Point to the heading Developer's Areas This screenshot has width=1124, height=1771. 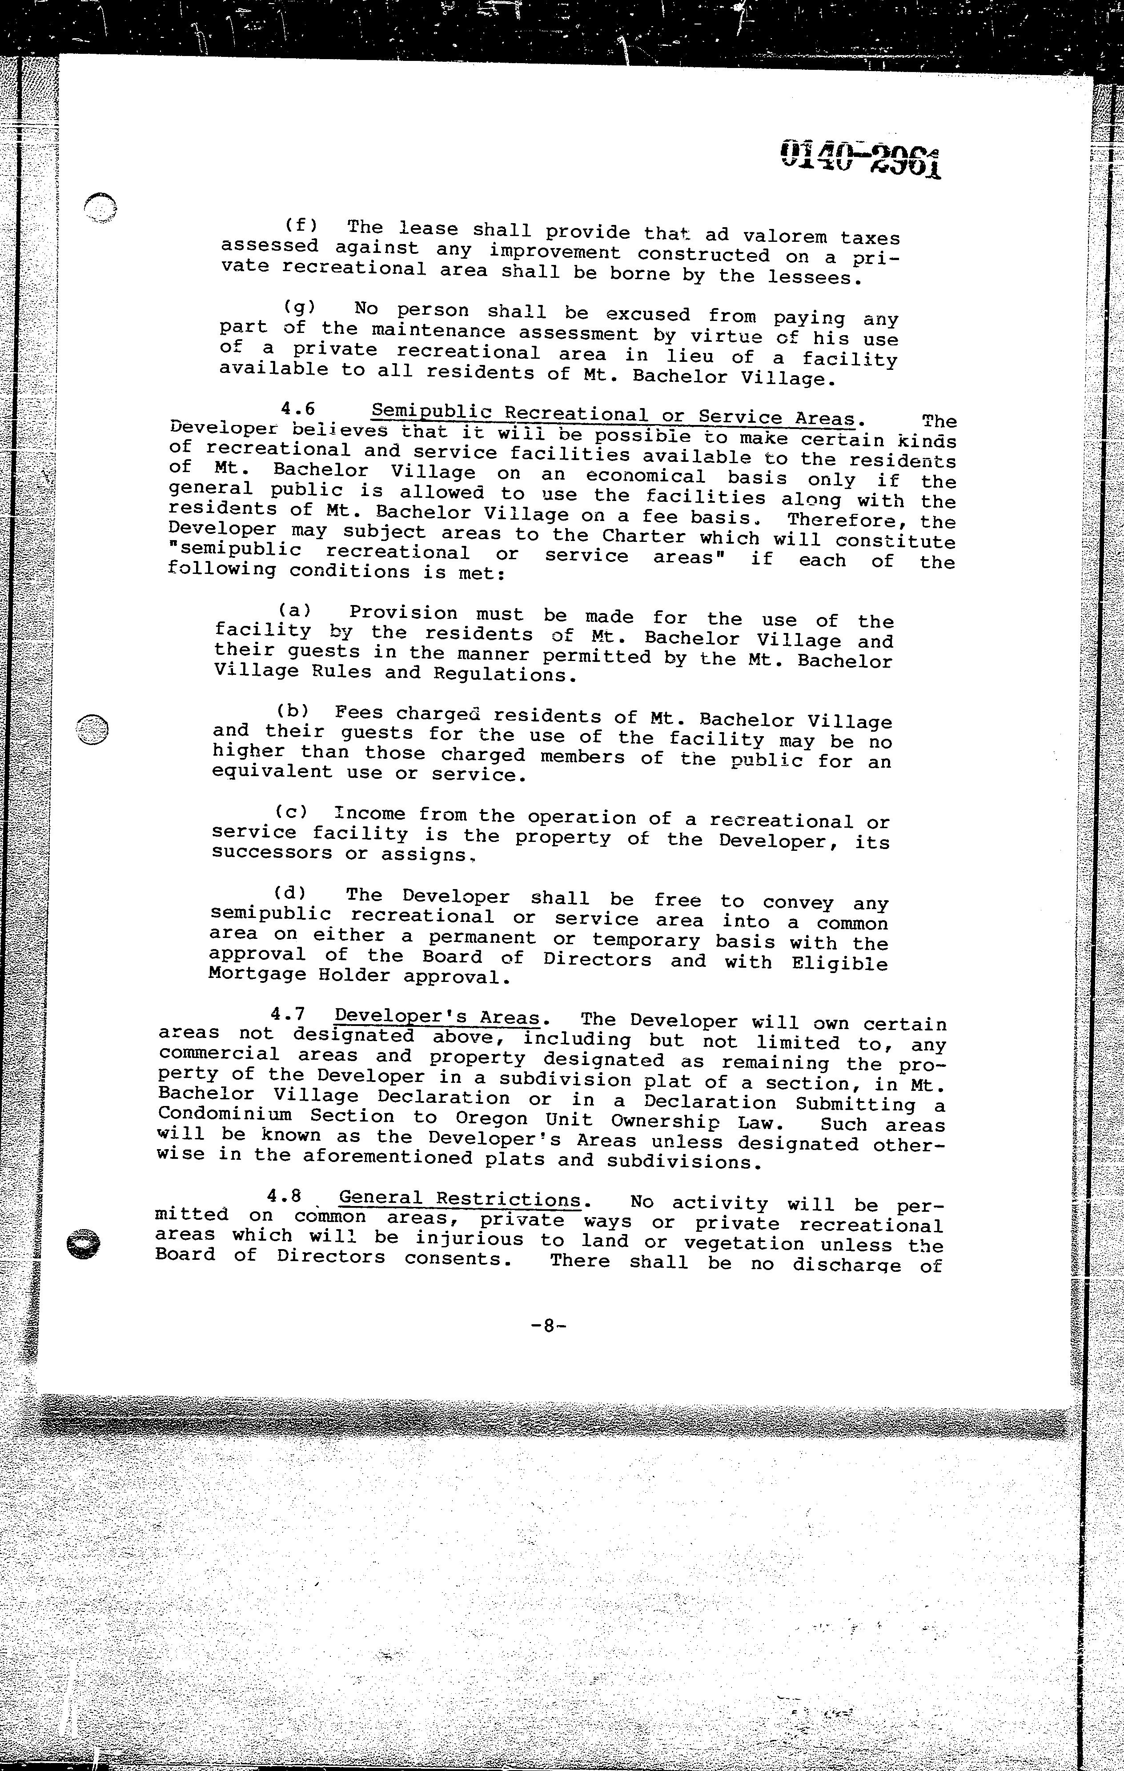point(438,1017)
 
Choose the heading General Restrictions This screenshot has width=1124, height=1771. point(460,1199)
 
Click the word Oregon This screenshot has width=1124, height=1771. point(491,1118)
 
